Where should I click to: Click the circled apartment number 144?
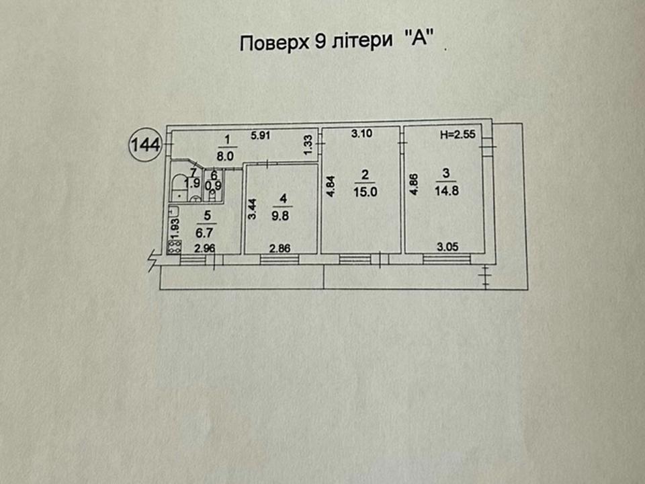[x=144, y=145]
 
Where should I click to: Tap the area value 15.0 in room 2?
[x=365, y=191]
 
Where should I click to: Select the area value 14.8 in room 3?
[x=446, y=191]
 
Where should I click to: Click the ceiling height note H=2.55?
[x=458, y=134]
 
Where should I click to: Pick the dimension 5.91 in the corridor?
[x=261, y=134]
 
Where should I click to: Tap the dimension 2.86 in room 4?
[x=281, y=248]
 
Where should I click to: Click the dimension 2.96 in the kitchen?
[x=204, y=248]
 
